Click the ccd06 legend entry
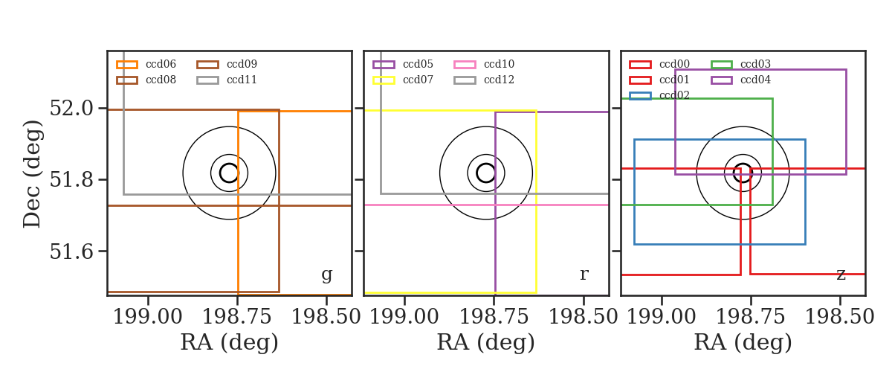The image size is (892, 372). click(146, 64)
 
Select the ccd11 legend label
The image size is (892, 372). click(242, 80)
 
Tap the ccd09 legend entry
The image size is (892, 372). click(227, 64)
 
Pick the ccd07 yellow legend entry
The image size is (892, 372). click(403, 80)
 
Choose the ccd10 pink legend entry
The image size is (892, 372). click(484, 64)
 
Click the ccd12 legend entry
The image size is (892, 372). click(484, 80)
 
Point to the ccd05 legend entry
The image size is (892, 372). click(403, 64)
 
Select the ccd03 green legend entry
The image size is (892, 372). click(740, 64)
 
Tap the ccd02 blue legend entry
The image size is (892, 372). click(659, 95)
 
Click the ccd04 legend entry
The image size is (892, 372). click(740, 80)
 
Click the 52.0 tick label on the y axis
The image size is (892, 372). click(71, 108)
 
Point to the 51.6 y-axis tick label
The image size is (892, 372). click(71, 251)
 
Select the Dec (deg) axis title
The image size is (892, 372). click(32, 174)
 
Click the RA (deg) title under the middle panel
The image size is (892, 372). click(486, 342)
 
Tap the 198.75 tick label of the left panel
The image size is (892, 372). click(237, 317)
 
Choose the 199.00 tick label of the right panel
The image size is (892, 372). click(662, 317)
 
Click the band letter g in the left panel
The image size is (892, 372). click(326, 275)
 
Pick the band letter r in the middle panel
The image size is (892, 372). click(584, 274)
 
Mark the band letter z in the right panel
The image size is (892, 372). click(841, 275)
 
